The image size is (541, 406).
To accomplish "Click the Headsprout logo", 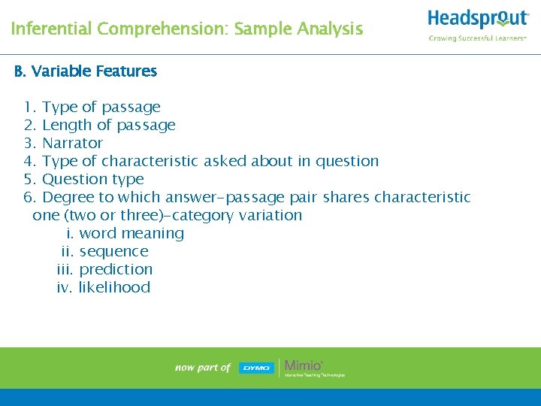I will (478, 19).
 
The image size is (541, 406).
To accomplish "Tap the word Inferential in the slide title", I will (50, 29).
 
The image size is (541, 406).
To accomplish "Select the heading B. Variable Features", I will (86, 71).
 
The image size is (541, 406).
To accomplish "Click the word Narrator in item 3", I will (72, 143).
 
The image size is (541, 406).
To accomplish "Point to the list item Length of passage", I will (108, 125).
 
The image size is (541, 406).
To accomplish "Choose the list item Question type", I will (92, 179).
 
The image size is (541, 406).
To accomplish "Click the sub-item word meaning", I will (131, 233).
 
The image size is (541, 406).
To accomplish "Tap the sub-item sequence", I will (113, 251).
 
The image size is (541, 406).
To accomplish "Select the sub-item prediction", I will (116, 269).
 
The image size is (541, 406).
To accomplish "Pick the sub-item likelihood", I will (114, 287).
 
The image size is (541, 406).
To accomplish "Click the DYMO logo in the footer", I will (255, 368).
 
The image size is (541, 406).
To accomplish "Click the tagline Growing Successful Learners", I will (477, 38).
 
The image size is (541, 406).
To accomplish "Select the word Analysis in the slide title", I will (328, 29).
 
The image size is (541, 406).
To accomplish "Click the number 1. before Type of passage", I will (31, 107).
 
